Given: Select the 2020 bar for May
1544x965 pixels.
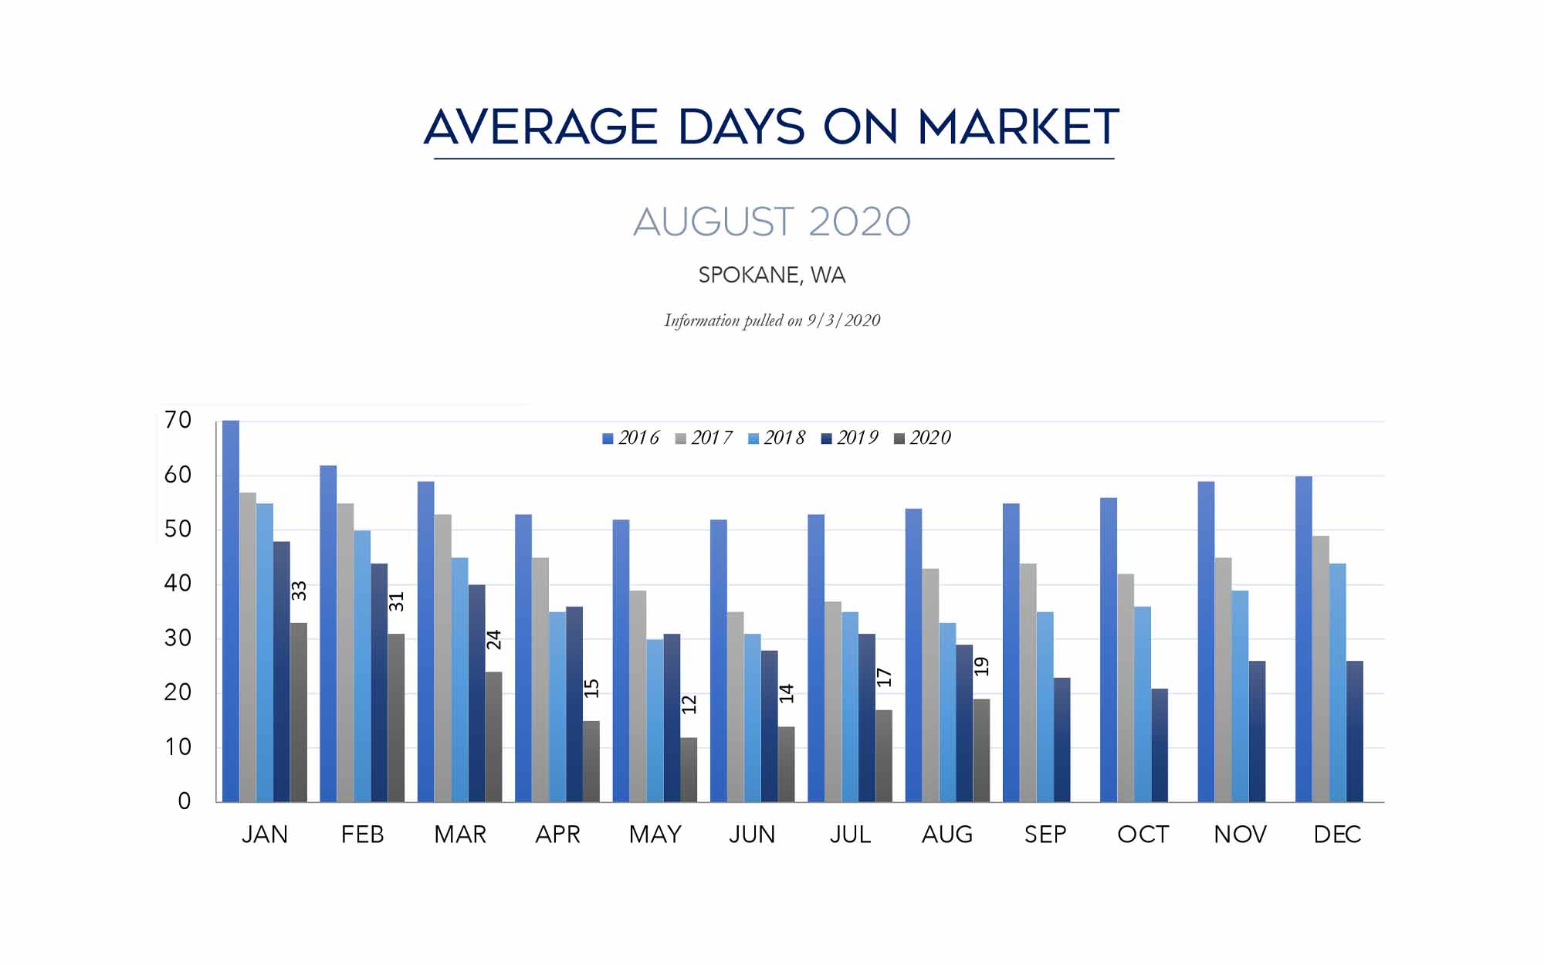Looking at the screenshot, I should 689,770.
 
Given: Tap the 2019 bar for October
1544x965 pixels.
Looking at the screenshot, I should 1160,745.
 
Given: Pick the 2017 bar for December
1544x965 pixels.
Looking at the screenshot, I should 1321,669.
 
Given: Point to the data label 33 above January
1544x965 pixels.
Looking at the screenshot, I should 299,591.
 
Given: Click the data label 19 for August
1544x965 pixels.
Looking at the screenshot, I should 981,666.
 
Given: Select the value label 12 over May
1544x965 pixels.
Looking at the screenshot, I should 689,704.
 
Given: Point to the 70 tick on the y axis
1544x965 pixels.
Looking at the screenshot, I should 178,421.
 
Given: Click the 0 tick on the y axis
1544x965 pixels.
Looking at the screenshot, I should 184,801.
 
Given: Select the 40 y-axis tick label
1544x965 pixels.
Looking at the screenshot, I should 178,584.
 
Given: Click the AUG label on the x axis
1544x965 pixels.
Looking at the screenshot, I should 947,835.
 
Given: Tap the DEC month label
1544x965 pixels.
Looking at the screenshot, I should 1337,835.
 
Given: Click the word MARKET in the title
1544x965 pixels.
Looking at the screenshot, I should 1018,127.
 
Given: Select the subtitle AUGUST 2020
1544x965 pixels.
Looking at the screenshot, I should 772,222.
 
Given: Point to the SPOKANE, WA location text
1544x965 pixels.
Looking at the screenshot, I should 772,276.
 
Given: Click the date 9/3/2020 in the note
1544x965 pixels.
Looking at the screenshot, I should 844,320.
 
